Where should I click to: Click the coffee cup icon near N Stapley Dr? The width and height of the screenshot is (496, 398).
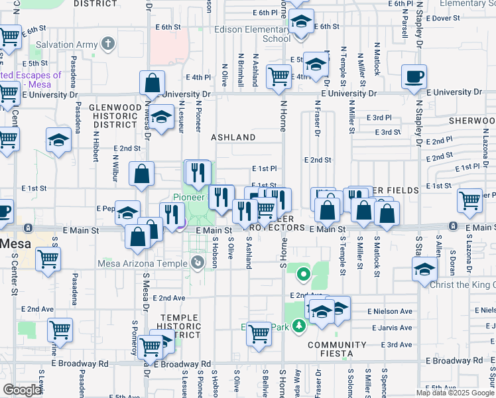(414, 76)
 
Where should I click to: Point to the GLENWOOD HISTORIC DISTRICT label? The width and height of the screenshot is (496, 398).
(116, 115)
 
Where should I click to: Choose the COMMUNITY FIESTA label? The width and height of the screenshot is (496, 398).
(337, 349)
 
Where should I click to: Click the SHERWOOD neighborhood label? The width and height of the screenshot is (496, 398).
(471, 121)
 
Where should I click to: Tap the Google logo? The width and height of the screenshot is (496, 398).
(21, 390)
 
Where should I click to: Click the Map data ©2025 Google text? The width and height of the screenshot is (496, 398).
(455, 393)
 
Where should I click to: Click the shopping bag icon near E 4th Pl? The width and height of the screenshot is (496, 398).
(152, 83)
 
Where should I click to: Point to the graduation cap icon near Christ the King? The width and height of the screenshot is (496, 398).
(424, 269)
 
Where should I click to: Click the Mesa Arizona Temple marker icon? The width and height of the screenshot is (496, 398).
(198, 263)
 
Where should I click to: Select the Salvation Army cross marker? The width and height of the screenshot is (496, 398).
(109, 45)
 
